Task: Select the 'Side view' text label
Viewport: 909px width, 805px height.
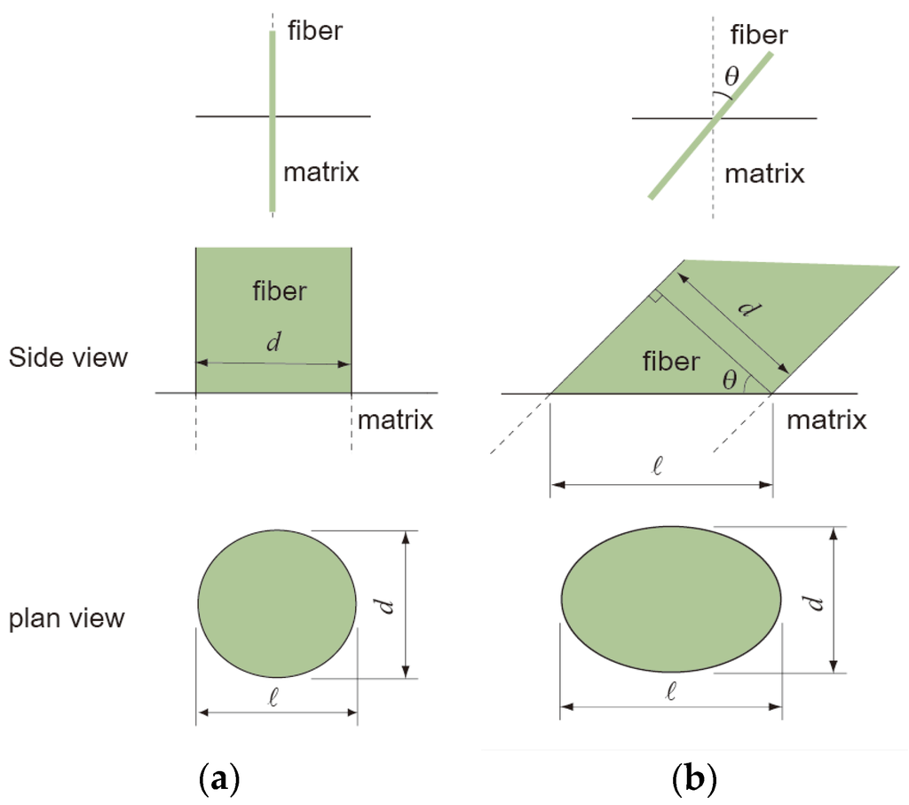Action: (68, 358)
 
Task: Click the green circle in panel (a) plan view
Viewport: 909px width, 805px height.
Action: (277, 605)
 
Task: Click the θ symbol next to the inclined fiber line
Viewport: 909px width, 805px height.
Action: (730, 77)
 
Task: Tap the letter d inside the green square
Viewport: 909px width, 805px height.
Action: (274, 344)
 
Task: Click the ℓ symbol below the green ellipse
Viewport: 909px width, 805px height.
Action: (671, 692)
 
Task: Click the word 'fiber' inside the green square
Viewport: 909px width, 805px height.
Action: (281, 292)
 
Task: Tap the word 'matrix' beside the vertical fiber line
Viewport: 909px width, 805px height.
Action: (321, 171)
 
